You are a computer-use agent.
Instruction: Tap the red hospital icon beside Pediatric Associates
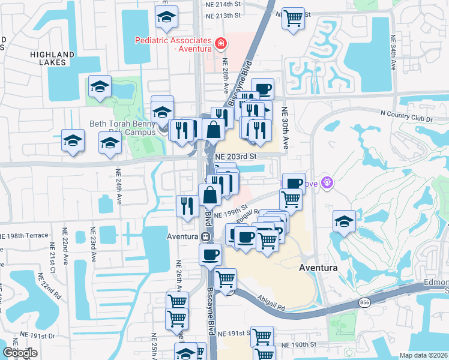tap(221, 43)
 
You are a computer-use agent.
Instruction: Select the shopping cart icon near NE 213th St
tap(293, 18)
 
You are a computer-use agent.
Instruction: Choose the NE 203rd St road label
tap(236, 156)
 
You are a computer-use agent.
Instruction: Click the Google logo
tap(20, 353)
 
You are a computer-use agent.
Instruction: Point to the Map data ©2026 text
tap(424, 355)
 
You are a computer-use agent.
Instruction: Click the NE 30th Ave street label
tap(286, 128)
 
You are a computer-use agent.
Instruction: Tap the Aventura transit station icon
tap(205, 236)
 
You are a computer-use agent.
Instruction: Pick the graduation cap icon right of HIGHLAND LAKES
tap(100, 86)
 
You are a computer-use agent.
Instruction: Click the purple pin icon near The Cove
tap(327, 182)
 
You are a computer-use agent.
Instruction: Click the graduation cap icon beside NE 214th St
tap(166, 17)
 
